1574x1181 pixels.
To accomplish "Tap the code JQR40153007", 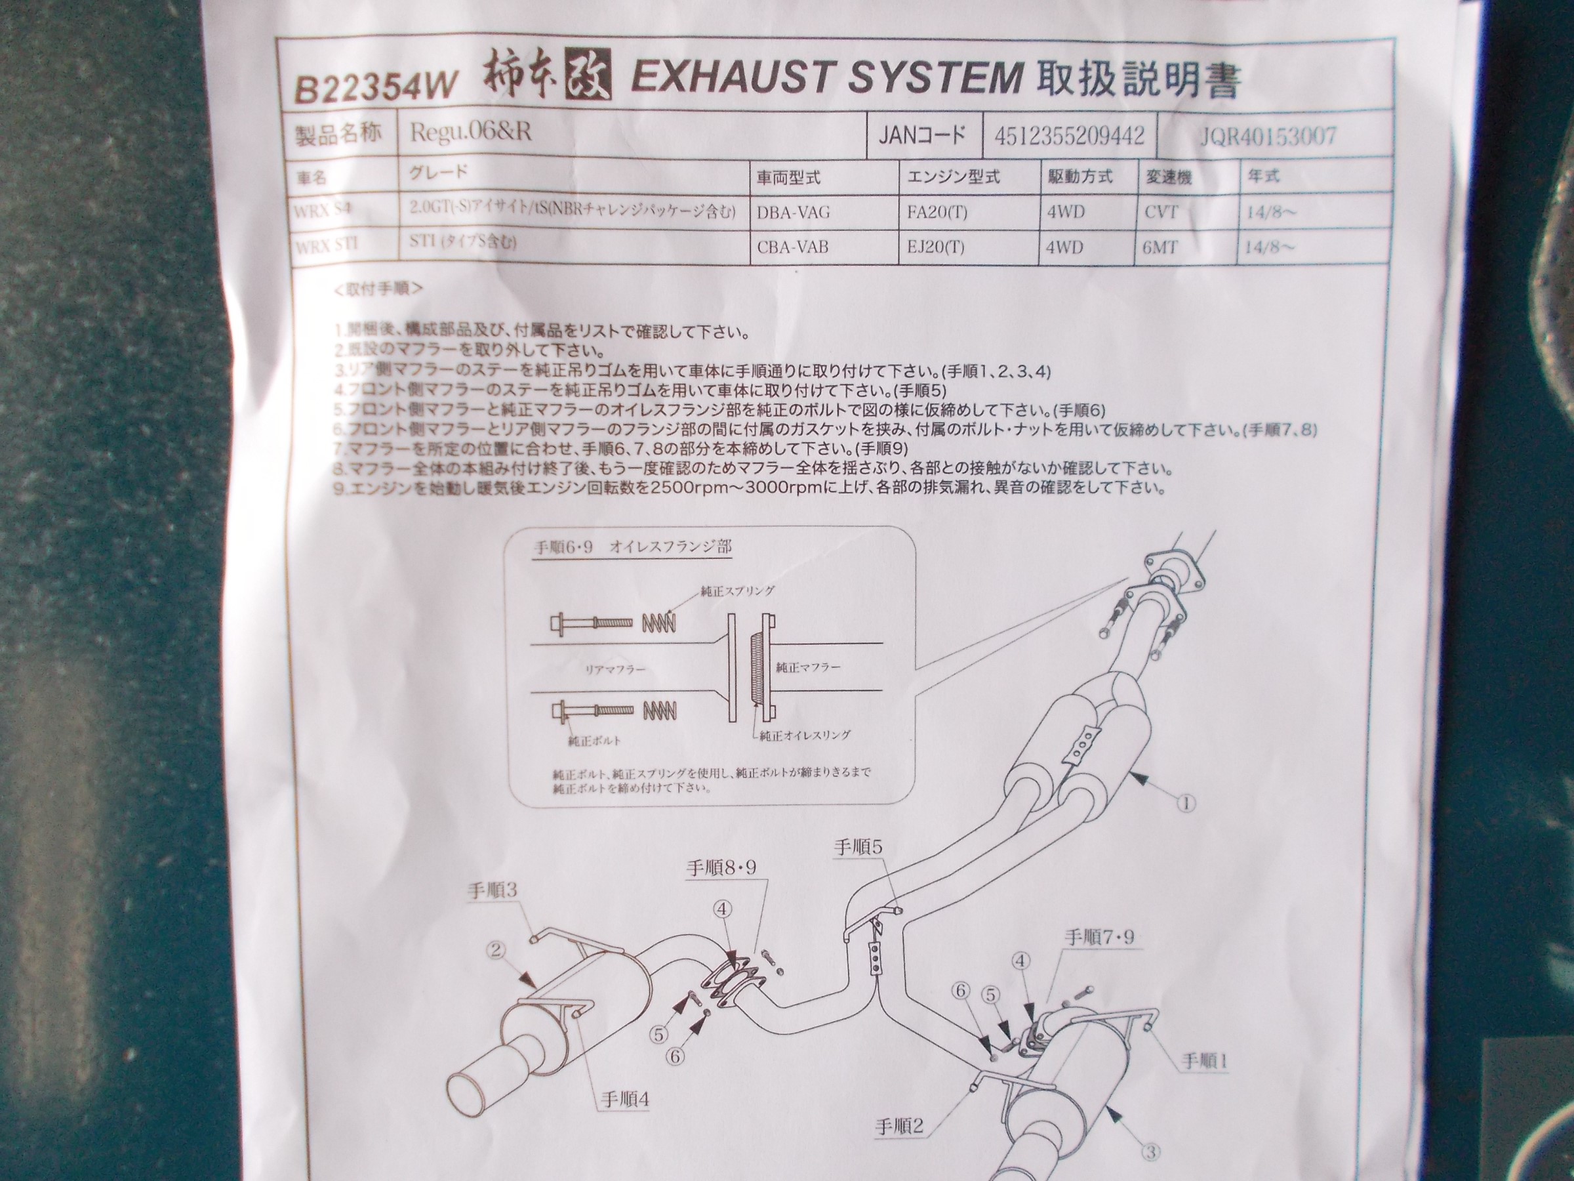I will (x=1267, y=136).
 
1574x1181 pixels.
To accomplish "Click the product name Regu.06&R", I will (x=470, y=133).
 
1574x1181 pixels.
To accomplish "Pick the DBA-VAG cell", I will (x=794, y=211).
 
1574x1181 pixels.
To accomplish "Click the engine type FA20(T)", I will (x=937, y=212).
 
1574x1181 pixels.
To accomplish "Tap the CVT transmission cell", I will (x=1161, y=211).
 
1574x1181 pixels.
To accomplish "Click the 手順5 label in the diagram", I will (x=858, y=847).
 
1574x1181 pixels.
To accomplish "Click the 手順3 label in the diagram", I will (x=492, y=890).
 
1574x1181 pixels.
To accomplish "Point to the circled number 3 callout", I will (x=1150, y=1151).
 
